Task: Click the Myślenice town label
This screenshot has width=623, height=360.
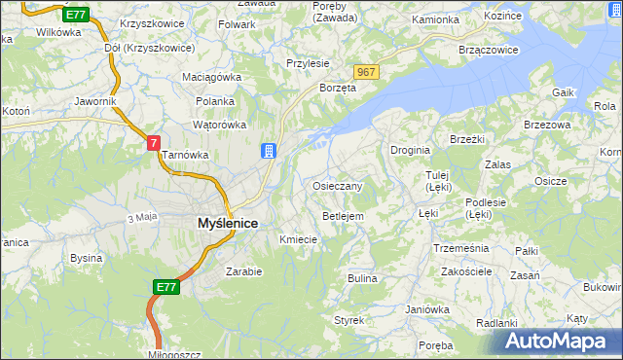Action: pyautogui.click(x=228, y=223)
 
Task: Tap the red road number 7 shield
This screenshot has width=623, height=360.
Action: pyautogui.click(x=153, y=142)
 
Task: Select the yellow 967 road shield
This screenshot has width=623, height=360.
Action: pyautogui.click(x=366, y=73)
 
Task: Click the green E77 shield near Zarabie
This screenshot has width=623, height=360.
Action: pyautogui.click(x=165, y=287)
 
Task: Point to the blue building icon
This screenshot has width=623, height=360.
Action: pyautogui.click(x=268, y=151)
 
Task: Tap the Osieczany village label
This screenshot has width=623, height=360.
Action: pyautogui.click(x=338, y=186)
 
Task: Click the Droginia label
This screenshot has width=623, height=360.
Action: pyautogui.click(x=411, y=150)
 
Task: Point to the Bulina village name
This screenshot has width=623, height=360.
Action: pyautogui.click(x=362, y=278)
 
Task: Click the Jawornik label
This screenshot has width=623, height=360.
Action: pyautogui.click(x=94, y=100)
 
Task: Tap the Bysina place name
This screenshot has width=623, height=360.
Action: pyautogui.click(x=87, y=258)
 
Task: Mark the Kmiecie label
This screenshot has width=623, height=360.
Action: pyautogui.click(x=299, y=239)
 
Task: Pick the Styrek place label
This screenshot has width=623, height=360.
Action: pyautogui.click(x=348, y=319)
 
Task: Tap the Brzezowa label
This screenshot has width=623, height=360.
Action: pyautogui.click(x=546, y=125)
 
